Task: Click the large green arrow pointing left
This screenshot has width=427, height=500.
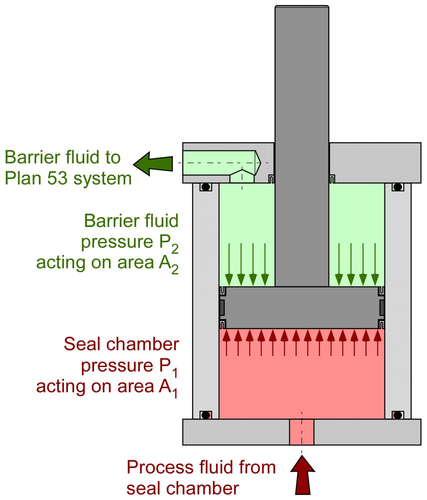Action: coord(153,163)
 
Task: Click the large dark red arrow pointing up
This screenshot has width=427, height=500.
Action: coord(302,475)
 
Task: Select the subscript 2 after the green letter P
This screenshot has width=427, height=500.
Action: coord(175,249)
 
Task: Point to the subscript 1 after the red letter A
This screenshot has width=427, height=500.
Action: coord(175,394)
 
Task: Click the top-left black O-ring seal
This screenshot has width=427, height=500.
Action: coord(206,187)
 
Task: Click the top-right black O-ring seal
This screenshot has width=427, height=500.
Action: coord(398,187)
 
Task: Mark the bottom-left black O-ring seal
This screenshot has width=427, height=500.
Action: coord(206,415)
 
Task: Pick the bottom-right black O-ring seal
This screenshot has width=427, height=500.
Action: coord(398,415)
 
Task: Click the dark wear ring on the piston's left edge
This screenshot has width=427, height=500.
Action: coord(222,308)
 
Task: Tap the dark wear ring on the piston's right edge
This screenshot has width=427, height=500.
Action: coord(382,308)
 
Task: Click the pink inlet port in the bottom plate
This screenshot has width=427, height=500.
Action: coord(302,432)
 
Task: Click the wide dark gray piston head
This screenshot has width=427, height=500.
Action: coord(302,308)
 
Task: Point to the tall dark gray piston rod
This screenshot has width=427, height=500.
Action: coord(302,130)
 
